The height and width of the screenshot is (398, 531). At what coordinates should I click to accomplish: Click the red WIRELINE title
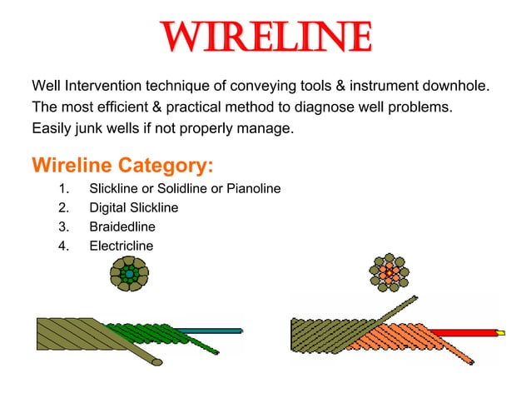click(x=265, y=37)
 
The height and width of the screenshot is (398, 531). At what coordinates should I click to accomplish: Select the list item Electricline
click(x=122, y=245)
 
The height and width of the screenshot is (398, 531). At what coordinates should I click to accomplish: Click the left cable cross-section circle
click(x=129, y=273)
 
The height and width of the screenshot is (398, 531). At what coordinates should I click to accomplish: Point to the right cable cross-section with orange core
click(x=388, y=272)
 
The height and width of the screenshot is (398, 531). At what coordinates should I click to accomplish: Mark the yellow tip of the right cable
click(x=499, y=332)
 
